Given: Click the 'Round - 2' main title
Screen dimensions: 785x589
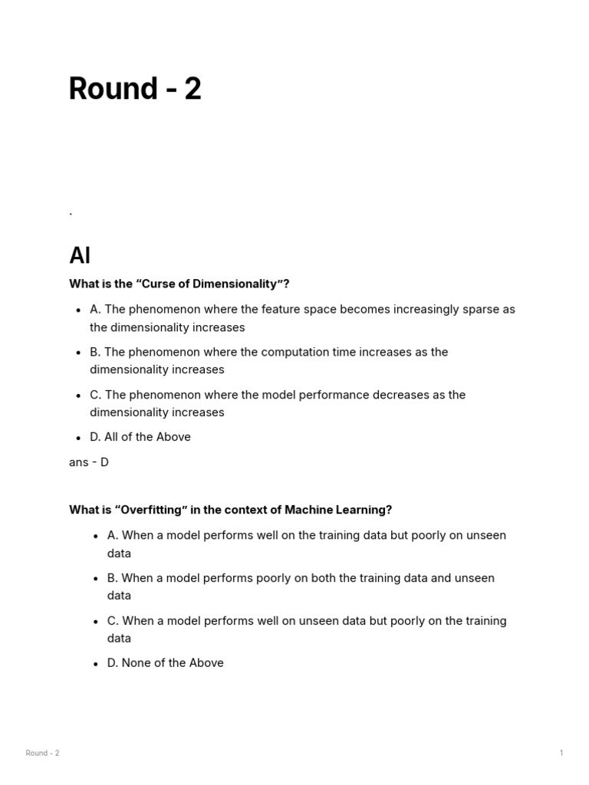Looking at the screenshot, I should pyautogui.click(x=135, y=89).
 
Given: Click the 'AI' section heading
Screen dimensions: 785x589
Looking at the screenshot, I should pyautogui.click(x=80, y=255).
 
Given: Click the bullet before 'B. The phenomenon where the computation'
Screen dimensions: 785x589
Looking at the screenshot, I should pyautogui.click(x=78, y=353).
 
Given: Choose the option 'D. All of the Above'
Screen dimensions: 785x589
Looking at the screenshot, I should pyautogui.click(x=140, y=437).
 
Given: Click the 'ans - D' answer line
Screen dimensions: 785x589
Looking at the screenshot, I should pyautogui.click(x=89, y=462).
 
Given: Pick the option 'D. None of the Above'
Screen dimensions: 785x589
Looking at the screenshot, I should pyautogui.click(x=165, y=663).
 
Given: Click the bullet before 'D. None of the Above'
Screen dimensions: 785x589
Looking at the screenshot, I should pyautogui.click(x=96, y=664).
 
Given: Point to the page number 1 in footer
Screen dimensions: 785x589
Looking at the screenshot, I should pyautogui.click(x=561, y=753).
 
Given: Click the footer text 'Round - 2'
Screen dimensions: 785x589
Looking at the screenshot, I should pyautogui.click(x=42, y=753).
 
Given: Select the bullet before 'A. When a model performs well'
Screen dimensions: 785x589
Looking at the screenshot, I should pyautogui.click(x=96, y=536).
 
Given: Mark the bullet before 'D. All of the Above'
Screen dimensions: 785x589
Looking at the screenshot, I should pyautogui.click(x=78, y=438).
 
